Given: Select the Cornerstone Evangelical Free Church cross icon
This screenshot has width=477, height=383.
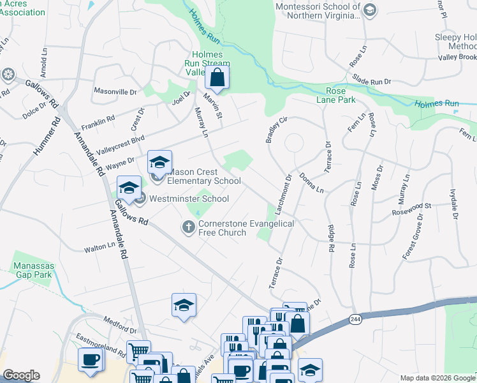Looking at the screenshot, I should click(x=188, y=227).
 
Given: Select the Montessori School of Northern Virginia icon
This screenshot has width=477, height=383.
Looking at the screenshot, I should click(x=370, y=9).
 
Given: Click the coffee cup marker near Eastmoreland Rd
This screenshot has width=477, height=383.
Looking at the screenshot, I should click(x=91, y=359).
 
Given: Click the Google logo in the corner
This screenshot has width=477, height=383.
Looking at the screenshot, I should click(x=22, y=375).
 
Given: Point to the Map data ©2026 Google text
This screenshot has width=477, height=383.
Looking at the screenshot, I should click(x=436, y=378).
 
